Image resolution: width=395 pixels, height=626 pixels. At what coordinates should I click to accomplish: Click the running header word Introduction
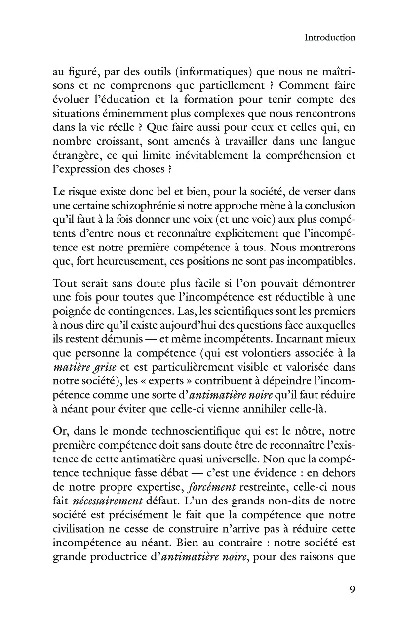pos(330,37)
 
